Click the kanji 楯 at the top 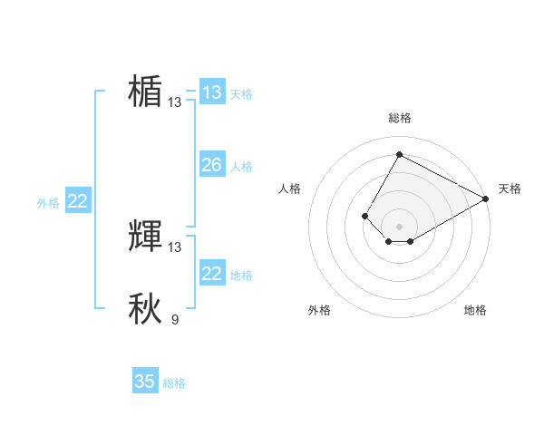(x=145, y=92)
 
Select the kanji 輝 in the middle (x=145, y=237)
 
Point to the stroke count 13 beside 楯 (x=175, y=102)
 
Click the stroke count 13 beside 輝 (x=175, y=247)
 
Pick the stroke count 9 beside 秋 (x=174, y=319)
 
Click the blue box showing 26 (x=211, y=165)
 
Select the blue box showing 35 (x=145, y=382)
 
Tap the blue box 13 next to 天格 (x=211, y=92)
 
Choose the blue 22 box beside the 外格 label (x=77, y=201)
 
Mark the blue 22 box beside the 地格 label (x=211, y=274)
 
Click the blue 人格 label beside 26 (x=241, y=167)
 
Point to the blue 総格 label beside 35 (x=174, y=383)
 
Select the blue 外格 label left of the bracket (x=48, y=203)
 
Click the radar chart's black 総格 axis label (x=400, y=118)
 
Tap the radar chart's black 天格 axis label (x=510, y=189)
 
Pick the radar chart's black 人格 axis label (x=289, y=189)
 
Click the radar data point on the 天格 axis (x=486, y=198)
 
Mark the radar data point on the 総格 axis (x=399, y=154)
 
